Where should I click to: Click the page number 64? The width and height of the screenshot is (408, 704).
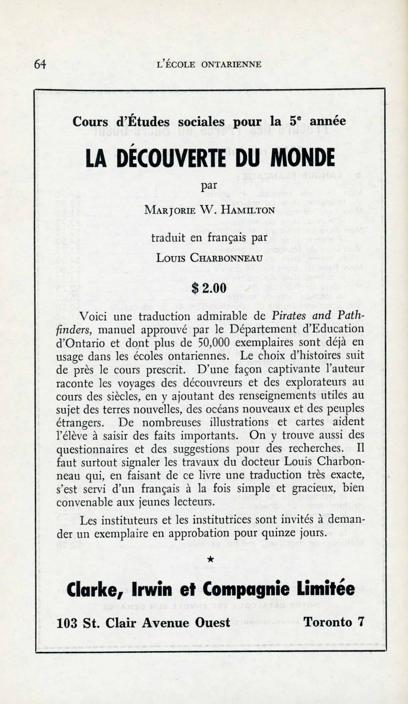[40, 64]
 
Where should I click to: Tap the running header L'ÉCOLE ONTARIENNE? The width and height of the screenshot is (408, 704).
[209, 65]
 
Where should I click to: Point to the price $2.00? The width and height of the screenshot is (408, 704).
[209, 288]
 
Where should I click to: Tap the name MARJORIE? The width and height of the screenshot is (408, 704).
[170, 210]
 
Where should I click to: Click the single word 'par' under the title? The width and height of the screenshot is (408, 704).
[209, 186]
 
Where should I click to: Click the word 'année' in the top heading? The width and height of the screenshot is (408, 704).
[328, 121]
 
